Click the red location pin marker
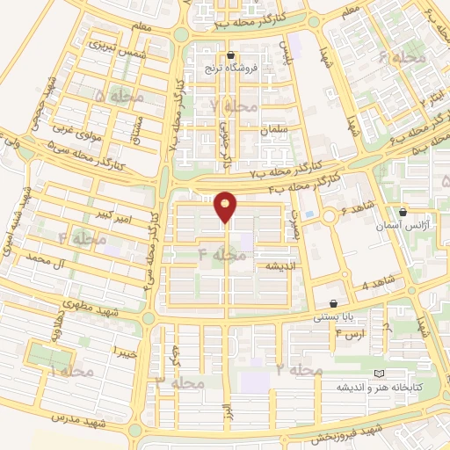click(226, 207)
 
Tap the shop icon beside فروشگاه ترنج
click(230, 55)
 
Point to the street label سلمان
click(275, 130)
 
